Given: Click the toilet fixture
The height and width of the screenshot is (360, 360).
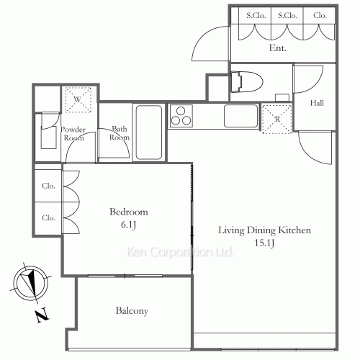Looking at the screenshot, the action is click(246, 81).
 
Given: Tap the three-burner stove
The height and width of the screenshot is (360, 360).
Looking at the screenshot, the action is click(181, 116).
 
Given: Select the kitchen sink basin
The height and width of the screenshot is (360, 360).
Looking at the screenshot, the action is click(240, 116).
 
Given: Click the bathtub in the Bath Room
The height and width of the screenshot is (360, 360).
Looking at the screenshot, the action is click(149, 132).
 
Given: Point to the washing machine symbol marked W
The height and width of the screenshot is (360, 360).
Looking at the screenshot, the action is click(78, 99).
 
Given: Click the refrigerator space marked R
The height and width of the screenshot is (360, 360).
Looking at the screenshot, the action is click(277, 119).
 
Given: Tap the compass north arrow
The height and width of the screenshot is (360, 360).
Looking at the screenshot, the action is click(30, 282).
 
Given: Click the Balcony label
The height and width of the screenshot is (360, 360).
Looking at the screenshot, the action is click(132, 311).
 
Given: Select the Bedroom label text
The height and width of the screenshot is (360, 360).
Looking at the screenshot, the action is click(129, 212).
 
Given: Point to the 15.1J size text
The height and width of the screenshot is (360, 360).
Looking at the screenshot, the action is click(264, 243).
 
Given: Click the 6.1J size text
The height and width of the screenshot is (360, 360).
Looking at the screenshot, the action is click(128, 225).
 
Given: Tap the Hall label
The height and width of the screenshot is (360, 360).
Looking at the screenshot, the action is click(317, 103).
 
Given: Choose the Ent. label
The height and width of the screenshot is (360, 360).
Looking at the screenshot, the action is click(277, 48).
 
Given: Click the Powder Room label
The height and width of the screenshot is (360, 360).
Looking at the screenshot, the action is click(73, 134).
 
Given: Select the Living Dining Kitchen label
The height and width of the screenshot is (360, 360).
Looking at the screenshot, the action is click(264, 230).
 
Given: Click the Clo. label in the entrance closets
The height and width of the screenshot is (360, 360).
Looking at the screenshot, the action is click(320, 16).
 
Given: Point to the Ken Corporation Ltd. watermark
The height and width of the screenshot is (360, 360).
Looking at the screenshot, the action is click(179, 252).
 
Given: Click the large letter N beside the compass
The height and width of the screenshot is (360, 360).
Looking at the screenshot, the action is click(42, 315).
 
